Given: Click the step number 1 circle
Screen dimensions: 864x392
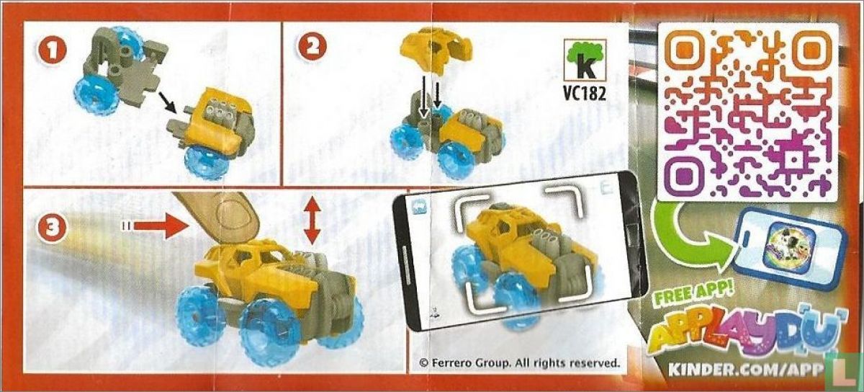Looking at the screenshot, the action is pyautogui.click(x=52, y=50).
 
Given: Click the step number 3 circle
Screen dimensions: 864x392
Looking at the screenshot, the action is pyautogui.click(x=52, y=227).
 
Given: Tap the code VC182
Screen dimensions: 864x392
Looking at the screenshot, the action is pyautogui.click(x=584, y=93).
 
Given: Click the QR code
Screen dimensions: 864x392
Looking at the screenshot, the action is pyautogui.click(x=748, y=112).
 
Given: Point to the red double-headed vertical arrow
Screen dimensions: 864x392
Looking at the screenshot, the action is pyautogui.click(x=312, y=218).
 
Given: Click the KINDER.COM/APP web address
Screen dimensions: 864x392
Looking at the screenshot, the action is pyautogui.click(x=744, y=370).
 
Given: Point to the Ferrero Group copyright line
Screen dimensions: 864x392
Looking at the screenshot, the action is pyautogui.click(x=520, y=363).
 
